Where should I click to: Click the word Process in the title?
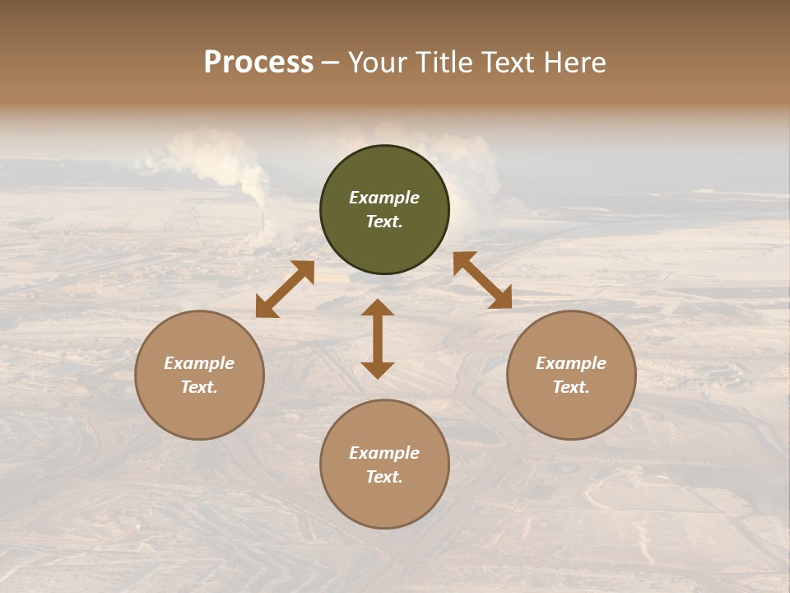point(258,63)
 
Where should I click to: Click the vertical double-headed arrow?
point(378,339)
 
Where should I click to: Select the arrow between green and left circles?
point(285,289)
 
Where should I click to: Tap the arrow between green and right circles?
point(482,280)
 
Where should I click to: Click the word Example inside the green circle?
point(384,198)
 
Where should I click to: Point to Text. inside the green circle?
point(384,222)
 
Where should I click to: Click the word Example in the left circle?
point(199,363)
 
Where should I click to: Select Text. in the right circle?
point(571,387)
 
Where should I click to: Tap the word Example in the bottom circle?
point(384,453)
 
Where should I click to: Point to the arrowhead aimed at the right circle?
point(500,298)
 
